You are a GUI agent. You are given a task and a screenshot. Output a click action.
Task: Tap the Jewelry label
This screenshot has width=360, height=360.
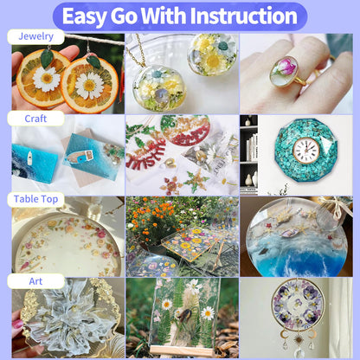pos(35,36)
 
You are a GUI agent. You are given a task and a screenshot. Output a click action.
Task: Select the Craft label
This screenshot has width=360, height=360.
pos(35,119)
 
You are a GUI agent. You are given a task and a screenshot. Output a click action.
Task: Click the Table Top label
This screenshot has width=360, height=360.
pos(35,199)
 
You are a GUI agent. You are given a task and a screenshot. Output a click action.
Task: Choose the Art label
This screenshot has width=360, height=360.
pos(35,281)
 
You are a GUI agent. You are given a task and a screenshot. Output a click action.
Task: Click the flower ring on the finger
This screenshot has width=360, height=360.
pos(285,72)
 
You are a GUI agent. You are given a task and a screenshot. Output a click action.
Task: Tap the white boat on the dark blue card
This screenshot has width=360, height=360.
pos(29,158)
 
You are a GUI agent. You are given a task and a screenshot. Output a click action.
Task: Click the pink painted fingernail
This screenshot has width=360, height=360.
pos(17,325)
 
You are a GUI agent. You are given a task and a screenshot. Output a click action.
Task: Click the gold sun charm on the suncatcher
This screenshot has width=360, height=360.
pos(299,339)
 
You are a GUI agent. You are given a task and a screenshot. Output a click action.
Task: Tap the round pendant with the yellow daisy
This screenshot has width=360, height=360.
pos(212,55)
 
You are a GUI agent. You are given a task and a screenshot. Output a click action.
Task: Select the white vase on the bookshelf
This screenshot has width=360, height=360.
pos(249,180)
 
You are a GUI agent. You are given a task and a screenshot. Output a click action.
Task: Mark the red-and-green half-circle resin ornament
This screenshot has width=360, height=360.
pos(185,130)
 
